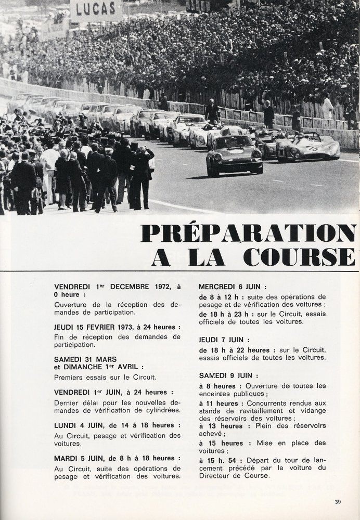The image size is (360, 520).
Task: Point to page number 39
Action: [x=338, y=501]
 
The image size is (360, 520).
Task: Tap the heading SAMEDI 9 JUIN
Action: [x=227, y=375]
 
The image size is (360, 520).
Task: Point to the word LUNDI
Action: [x=67, y=425]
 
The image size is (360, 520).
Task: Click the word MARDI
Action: [x=67, y=458]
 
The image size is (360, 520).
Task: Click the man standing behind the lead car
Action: [x=212, y=112]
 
